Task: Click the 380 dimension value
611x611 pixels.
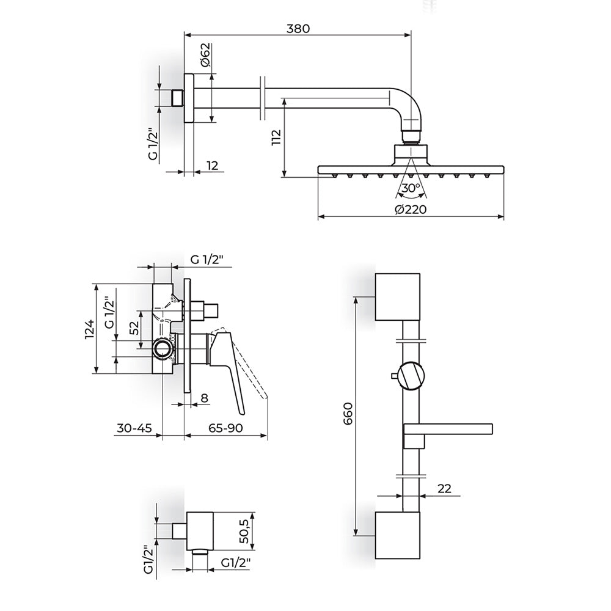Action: (x=298, y=29)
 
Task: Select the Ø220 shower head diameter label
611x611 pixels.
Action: (x=411, y=209)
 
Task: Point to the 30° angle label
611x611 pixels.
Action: (x=411, y=188)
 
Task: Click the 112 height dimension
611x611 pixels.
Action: (x=276, y=137)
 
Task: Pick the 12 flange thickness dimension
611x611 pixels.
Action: (x=212, y=166)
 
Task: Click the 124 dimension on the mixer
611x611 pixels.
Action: (x=90, y=329)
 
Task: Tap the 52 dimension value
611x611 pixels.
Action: (x=134, y=328)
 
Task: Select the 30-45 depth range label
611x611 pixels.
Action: (x=134, y=428)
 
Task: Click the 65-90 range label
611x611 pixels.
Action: (x=225, y=428)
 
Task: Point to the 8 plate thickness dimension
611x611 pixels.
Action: (x=204, y=398)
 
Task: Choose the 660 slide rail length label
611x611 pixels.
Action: (x=348, y=414)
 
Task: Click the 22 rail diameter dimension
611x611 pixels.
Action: (x=444, y=488)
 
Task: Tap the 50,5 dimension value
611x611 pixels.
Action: (x=244, y=531)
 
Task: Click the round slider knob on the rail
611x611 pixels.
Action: (x=411, y=376)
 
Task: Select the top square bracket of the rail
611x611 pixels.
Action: (x=398, y=297)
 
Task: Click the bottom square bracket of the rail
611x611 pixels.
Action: (x=398, y=535)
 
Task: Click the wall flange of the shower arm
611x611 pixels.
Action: (x=189, y=98)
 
